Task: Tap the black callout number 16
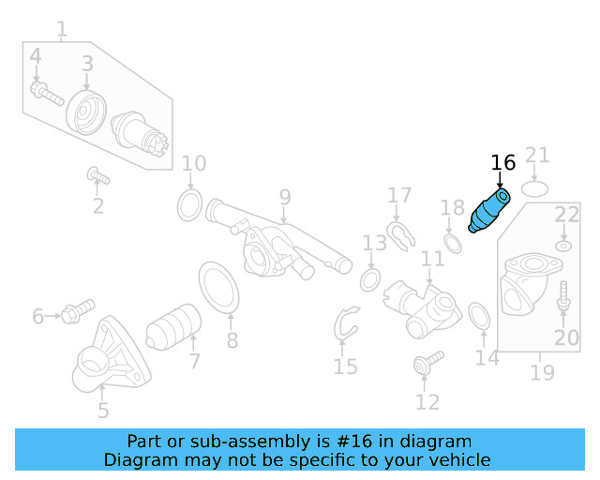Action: (x=503, y=163)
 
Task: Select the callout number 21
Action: (x=537, y=156)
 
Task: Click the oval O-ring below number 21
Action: (x=534, y=188)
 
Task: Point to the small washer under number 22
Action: (x=563, y=246)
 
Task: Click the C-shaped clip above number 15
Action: (x=346, y=323)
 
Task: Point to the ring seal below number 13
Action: (x=369, y=279)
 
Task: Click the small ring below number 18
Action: (x=452, y=244)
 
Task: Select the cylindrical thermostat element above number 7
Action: (x=173, y=326)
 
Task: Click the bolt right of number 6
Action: (x=77, y=310)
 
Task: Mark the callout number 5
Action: (x=103, y=410)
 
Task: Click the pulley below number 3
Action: (x=86, y=112)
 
